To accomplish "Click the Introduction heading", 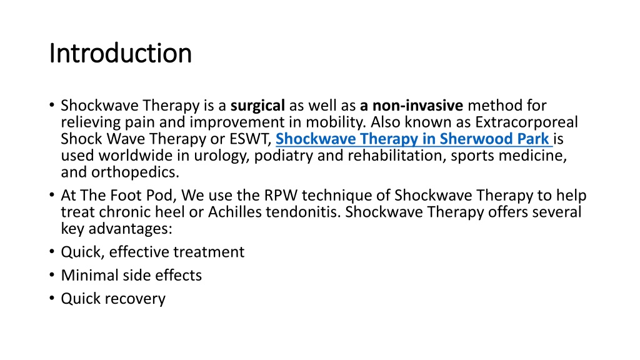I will pyautogui.click(x=120, y=53).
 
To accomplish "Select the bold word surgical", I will pyautogui.click(x=257, y=105).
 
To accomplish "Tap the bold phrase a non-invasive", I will pyautogui.click(x=411, y=105).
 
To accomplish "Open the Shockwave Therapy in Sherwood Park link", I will pyautogui.click(x=412, y=138).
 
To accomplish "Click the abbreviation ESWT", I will pyautogui.click(x=250, y=138).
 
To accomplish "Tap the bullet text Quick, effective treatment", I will pyautogui.click(x=152, y=252).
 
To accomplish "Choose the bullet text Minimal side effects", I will pyautogui.click(x=131, y=275).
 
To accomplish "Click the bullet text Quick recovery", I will pyautogui.click(x=113, y=298).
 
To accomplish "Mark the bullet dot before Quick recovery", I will pyautogui.click(x=52, y=298).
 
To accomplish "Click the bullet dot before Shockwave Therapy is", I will pyautogui.click(x=52, y=105).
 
